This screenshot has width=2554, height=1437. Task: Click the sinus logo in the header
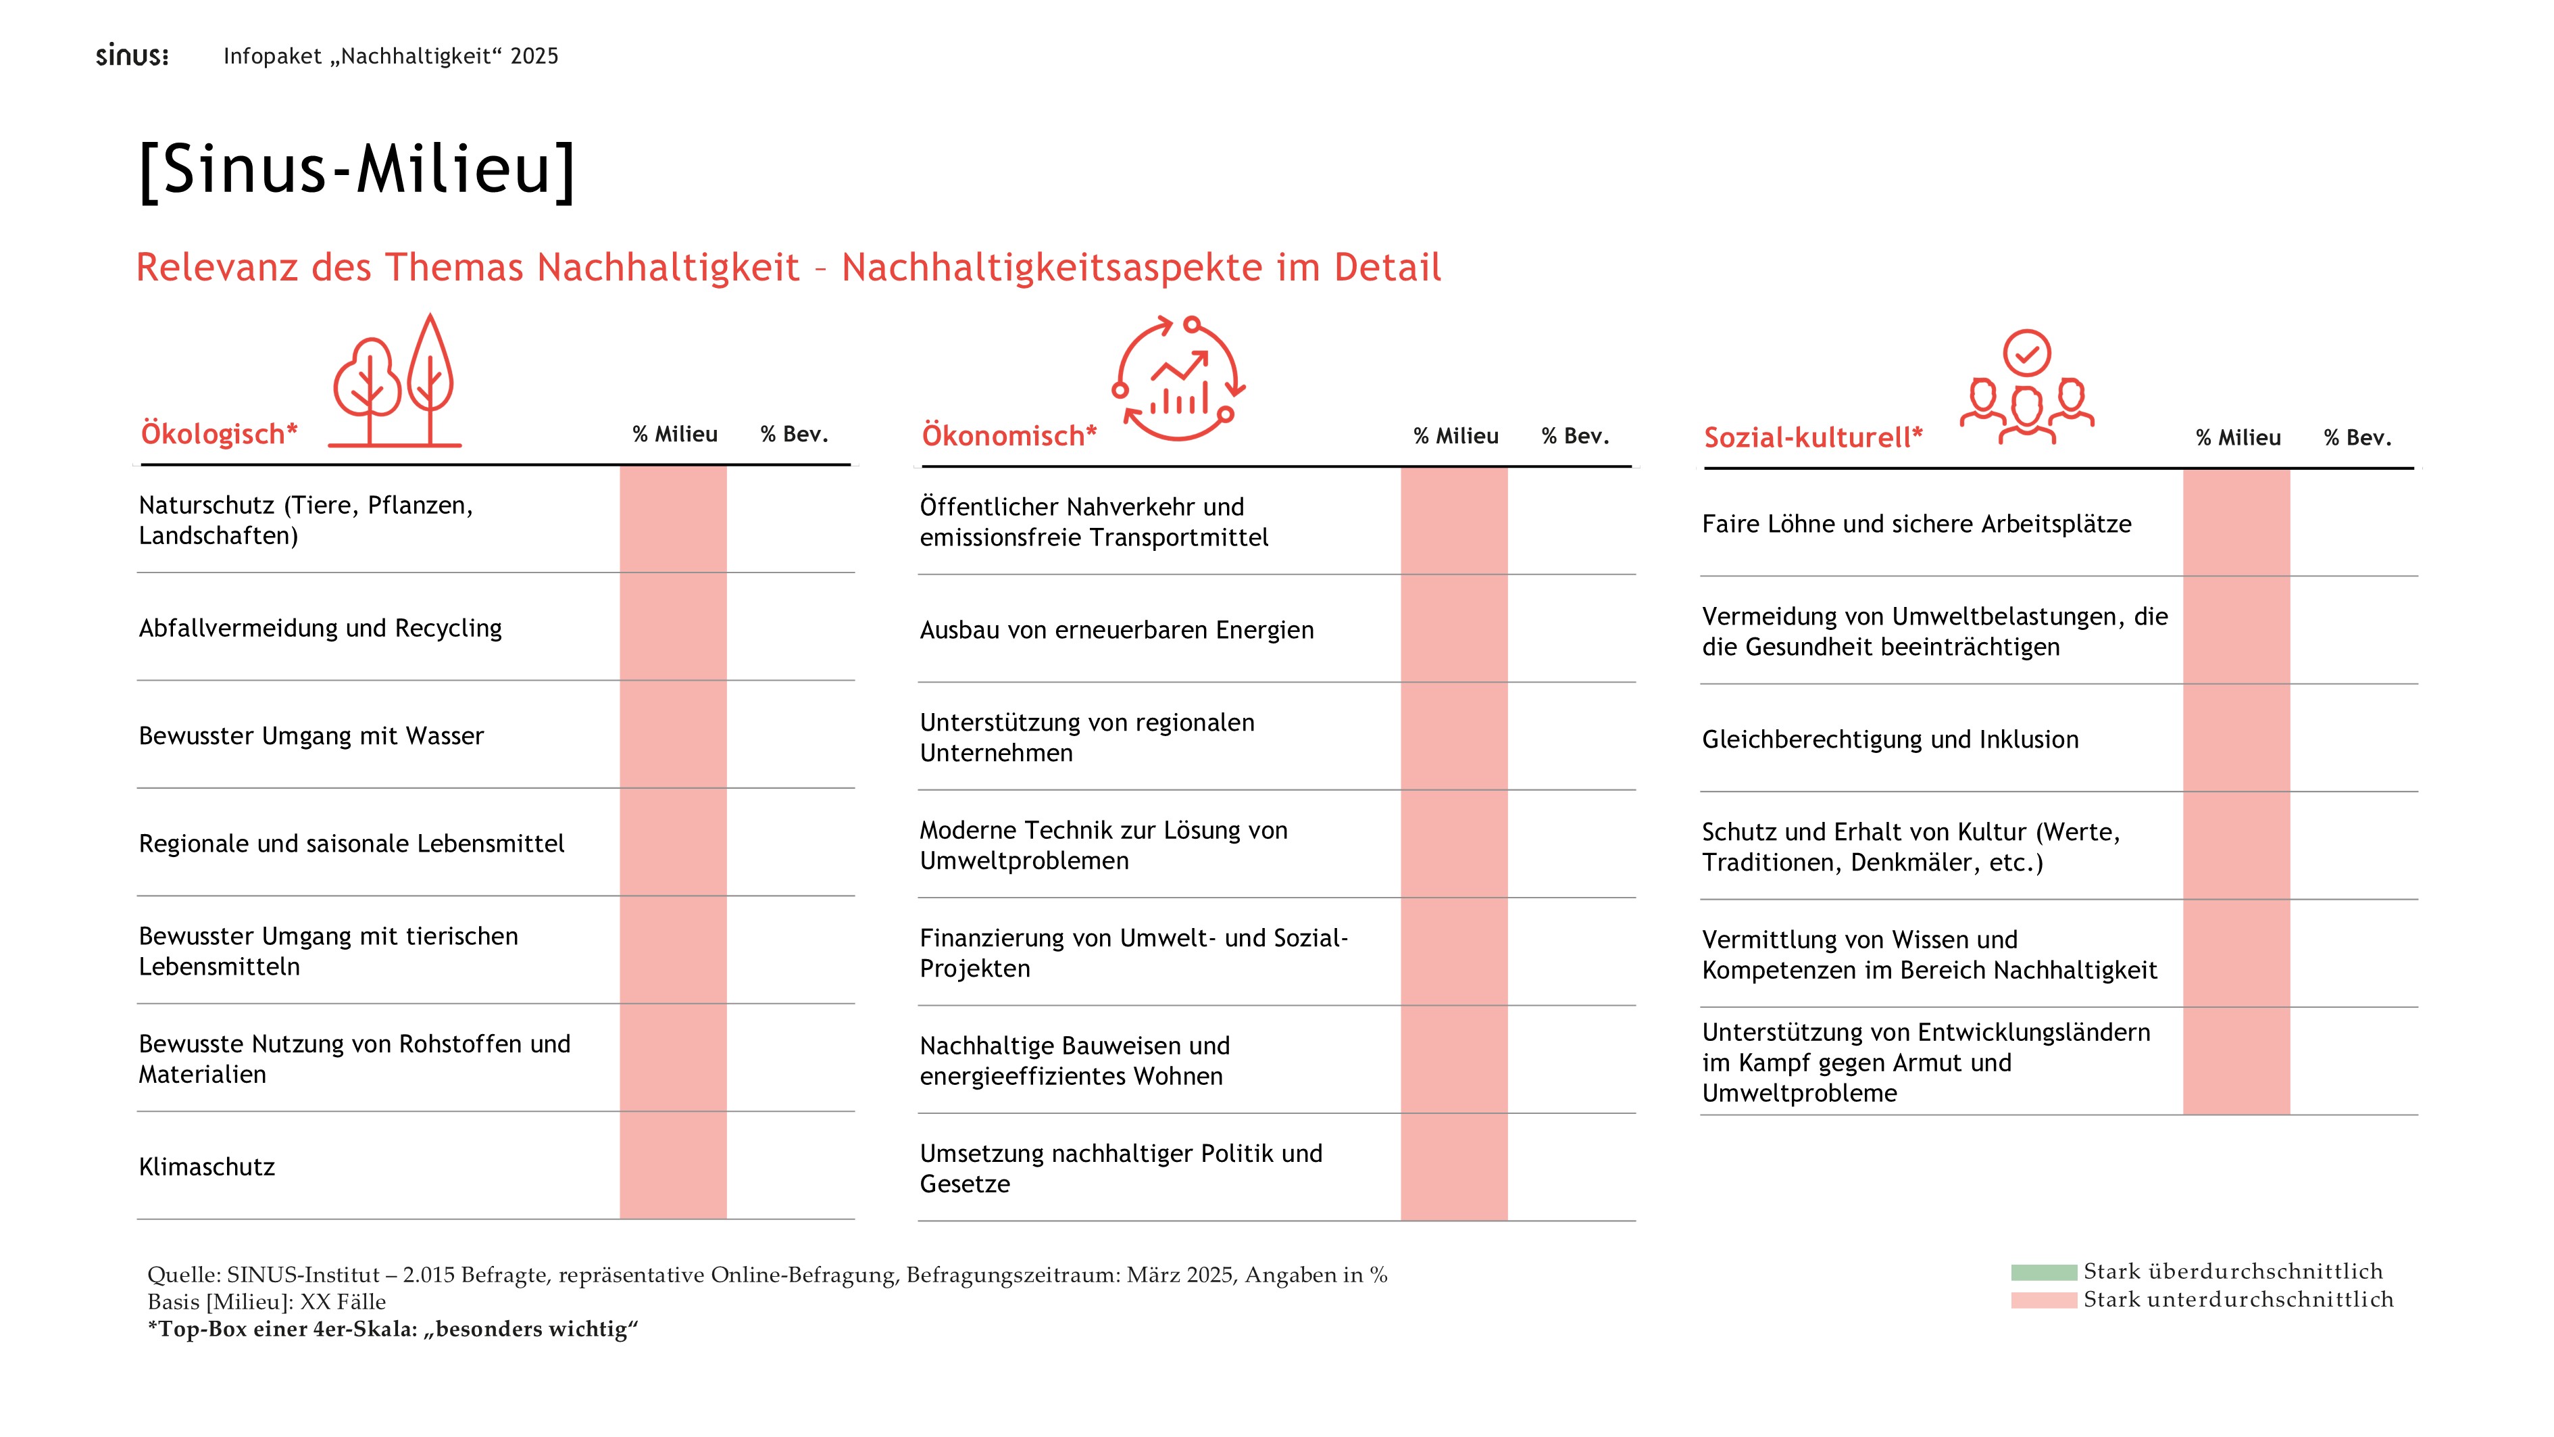pos(132,55)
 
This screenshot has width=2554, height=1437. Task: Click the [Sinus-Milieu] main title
pos(357,170)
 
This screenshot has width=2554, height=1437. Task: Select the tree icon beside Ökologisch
pos(395,383)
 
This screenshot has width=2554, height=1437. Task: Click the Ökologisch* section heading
pos(219,435)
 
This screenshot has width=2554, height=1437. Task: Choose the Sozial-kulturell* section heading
pos(1812,437)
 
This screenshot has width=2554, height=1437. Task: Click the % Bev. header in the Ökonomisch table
pos(1574,437)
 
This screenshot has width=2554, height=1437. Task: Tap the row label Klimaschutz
pos(207,1167)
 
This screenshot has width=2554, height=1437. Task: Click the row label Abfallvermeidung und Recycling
pos(320,629)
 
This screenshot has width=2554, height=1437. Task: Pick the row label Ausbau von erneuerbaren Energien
pos(1116,631)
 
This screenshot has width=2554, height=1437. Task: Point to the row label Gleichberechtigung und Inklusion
pos(1890,740)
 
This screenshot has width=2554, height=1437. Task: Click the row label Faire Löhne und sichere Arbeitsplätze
pos(1915,525)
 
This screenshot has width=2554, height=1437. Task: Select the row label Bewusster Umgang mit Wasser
pos(311,737)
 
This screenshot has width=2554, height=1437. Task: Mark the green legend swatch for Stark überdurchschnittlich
pos(2043,1272)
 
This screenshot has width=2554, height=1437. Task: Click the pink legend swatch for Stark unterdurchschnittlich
pos(2043,1300)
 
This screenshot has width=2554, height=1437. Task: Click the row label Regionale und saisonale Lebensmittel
pos(351,844)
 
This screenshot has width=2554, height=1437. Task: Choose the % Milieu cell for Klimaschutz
pos(673,1166)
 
